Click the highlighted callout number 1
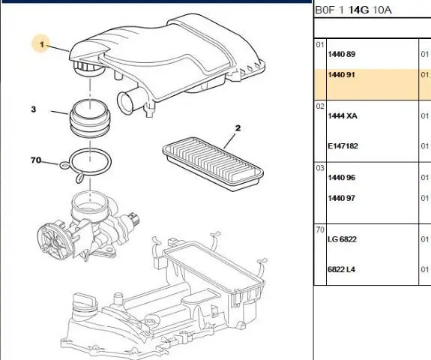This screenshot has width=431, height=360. pos(42,44)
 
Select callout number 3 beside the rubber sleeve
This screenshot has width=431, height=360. pos(34,109)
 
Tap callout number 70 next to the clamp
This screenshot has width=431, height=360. pos(36,160)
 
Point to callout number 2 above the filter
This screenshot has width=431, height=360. pos(238,128)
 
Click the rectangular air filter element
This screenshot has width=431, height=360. pos(213,164)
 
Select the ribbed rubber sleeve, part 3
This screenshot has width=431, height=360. pos(90,118)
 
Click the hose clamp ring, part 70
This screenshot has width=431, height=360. pos(87,164)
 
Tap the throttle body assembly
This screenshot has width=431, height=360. pos(88,227)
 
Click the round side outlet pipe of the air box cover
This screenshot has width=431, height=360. pos(127,102)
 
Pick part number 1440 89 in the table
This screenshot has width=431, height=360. pos(341,54)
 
